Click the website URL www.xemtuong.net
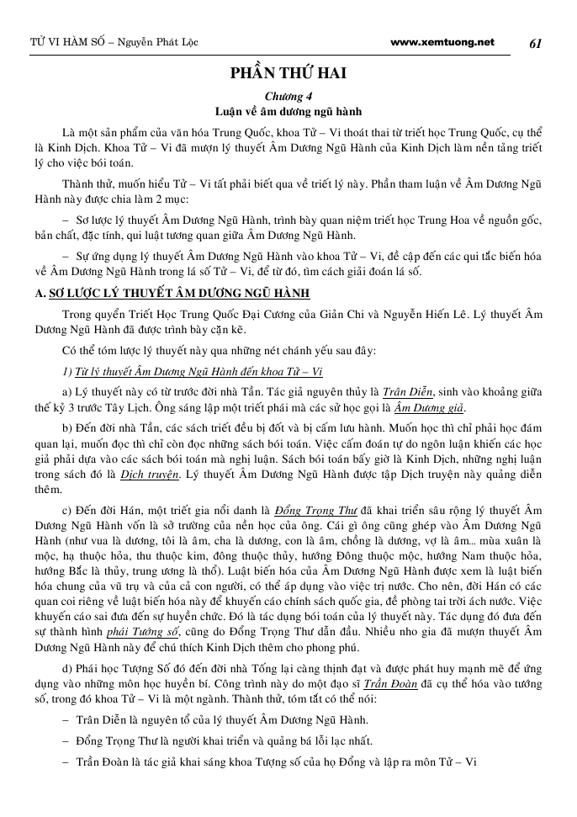click(442, 41)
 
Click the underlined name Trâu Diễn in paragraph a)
click(407, 391)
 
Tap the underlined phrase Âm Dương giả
click(431, 408)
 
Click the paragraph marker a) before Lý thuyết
click(67, 392)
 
